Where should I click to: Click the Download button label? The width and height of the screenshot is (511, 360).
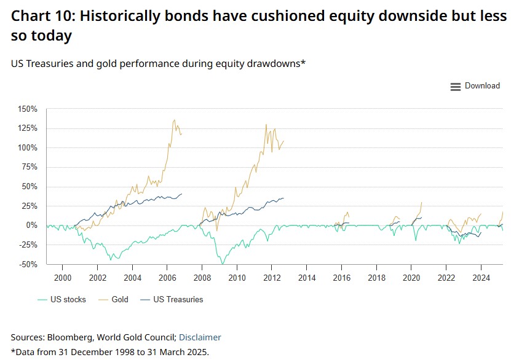(482, 86)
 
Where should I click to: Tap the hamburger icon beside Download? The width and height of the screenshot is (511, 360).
(456, 87)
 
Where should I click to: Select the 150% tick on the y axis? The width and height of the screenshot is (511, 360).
(28, 109)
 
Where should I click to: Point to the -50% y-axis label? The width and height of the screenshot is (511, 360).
(28, 264)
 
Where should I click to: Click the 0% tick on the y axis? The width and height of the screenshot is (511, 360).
(32, 225)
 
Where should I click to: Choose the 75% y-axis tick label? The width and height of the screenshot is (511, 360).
(30, 167)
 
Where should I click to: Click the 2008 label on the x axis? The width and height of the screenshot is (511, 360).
(202, 278)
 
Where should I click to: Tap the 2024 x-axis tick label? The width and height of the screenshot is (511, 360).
(481, 278)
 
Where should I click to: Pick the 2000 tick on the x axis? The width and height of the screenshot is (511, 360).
(63, 278)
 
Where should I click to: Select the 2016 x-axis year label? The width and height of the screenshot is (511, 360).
(342, 278)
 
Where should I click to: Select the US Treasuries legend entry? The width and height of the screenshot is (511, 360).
(177, 300)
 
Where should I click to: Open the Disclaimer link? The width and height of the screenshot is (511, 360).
(200, 337)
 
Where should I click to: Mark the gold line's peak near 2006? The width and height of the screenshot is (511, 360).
(175, 120)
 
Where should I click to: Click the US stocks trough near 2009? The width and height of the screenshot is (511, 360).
(222, 264)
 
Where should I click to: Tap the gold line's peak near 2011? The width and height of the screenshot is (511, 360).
(266, 125)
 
